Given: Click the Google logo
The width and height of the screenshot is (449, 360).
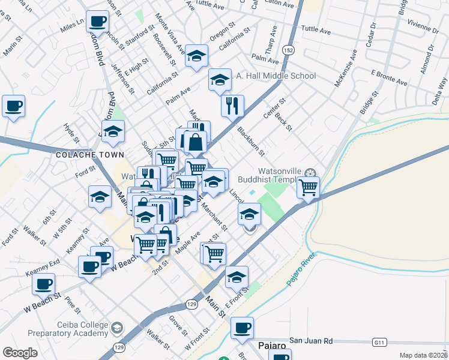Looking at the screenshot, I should [20, 353].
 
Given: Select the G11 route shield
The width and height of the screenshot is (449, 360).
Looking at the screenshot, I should [379, 342].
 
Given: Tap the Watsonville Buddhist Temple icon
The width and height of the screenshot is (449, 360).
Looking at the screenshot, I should [310, 174].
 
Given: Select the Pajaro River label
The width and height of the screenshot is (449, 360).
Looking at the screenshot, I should [301, 269].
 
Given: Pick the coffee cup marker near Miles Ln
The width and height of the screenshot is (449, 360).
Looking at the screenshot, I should [97, 22].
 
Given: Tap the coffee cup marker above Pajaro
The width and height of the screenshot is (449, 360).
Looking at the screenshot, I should [242, 328].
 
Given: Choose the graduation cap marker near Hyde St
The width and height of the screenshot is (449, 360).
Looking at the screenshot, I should [112, 133].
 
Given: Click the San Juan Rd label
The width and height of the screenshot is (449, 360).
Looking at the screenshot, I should [311, 340].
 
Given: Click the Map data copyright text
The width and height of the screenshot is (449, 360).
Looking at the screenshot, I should [423, 355].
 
